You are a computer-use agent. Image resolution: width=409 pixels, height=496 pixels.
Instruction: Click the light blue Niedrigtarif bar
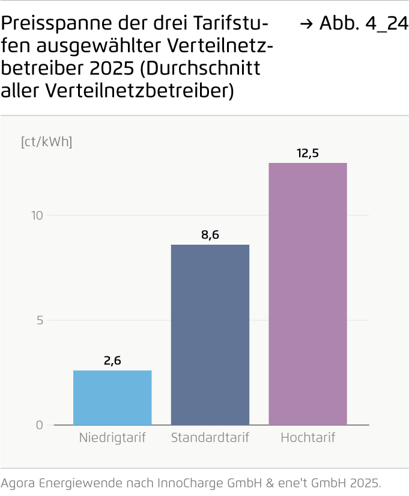[112, 397]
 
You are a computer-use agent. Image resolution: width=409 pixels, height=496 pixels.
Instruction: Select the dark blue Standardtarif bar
[210, 334]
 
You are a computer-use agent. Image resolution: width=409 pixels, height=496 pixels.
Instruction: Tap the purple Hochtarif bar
[308, 293]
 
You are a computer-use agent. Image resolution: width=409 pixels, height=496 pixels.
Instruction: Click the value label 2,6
[112, 361]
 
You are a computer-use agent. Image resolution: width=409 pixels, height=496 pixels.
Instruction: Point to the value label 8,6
[210, 235]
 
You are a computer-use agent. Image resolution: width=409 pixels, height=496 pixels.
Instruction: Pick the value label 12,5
[308, 153]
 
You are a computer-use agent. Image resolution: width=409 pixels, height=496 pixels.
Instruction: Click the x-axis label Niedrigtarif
[112, 437]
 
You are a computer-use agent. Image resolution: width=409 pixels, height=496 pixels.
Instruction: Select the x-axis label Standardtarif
[210, 437]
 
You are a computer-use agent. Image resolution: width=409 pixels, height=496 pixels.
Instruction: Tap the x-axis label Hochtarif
[308, 437]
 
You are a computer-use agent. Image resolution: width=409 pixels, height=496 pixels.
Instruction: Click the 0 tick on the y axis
[40, 425]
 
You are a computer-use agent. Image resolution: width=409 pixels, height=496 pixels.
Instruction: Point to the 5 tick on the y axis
[40, 320]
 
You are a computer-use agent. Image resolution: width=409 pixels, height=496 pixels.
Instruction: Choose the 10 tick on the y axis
[37, 215]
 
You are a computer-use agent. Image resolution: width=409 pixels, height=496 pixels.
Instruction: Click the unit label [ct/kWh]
[46, 142]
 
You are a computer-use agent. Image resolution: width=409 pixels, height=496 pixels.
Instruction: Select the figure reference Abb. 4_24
[363, 24]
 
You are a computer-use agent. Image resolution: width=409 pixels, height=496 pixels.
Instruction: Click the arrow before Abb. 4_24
[306, 25]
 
